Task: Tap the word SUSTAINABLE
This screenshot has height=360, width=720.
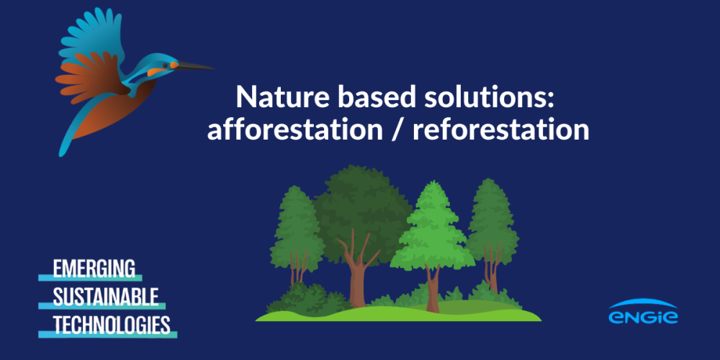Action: coord(105,297)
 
